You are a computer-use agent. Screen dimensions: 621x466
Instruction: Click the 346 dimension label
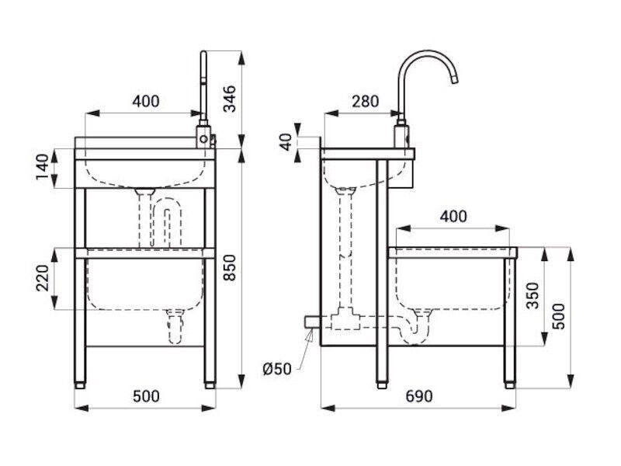pyautogui.click(x=230, y=99)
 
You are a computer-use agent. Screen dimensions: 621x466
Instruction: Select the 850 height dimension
pyautogui.click(x=230, y=267)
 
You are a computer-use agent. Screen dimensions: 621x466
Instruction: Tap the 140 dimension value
pyautogui.click(x=43, y=167)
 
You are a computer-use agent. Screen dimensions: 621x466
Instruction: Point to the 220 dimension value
pyautogui.click(x=43, y=278)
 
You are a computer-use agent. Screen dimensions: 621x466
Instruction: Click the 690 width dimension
pyautogui.click(x=419, y=396)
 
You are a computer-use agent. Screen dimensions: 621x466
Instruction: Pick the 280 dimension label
pyautogui.click(x=365, y=102)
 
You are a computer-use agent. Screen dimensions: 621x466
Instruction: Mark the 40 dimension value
pyautogui.click(x=286, y=141)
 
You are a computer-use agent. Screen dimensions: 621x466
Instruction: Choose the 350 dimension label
pyautogui.click(x=533, y=295)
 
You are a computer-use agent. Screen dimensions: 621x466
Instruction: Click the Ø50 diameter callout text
pyautogui.click(x=277, y=370)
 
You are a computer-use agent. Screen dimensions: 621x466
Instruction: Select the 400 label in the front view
pyautogui.click(x=146, y=102)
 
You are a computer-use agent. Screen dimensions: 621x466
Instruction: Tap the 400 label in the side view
pyautogui.click(x=453, y=217)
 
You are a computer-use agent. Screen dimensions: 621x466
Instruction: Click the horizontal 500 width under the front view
pyautogui.click(x=146, y=396)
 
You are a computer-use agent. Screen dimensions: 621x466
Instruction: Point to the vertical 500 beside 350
pyautogui.click(x=559, y=316)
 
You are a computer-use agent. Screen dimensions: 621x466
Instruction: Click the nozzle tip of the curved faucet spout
pyautogui.click(x=455, y=81)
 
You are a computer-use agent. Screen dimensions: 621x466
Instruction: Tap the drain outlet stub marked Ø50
pyautogui.click(x=312, y=322)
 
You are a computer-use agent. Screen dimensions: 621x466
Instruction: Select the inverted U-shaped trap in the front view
pyautogui.click(x=167, y=222)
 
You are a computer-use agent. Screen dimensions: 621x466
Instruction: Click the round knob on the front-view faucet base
pyautogui.click(x=203, y=139)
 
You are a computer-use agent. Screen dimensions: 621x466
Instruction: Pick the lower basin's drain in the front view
pyautogui.click(x=175, y=326)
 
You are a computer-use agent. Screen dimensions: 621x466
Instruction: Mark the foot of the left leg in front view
pyautogui.click(x=80, y=384)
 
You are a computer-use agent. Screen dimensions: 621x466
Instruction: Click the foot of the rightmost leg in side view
pyautogui.click(x=510, y=384)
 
